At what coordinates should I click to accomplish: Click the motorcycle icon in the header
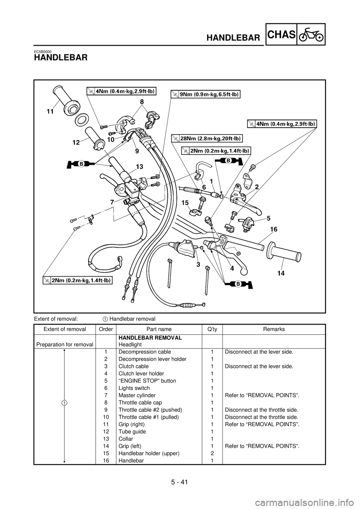point(310,34)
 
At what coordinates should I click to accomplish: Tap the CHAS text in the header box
point(281,34)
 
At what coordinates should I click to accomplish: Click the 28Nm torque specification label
point(207,138)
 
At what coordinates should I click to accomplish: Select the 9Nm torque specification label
point(205,94)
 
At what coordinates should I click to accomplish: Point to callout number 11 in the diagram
point(50,111)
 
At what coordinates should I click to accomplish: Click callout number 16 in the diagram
point(274,229)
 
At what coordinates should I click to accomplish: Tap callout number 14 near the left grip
point(281,273)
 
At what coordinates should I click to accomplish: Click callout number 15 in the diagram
point(185,202)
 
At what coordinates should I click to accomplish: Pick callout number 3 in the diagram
point(198,265)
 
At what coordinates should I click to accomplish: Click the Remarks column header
point(274,329)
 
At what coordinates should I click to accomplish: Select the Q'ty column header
point(212,329)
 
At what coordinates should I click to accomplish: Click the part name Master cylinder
point(137,395)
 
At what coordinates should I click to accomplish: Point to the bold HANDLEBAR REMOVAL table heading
point(150,338)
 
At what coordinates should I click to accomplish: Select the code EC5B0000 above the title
point(42,51)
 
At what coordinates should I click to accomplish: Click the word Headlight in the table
point(130,344)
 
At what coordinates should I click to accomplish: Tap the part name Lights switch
point(134,388)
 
